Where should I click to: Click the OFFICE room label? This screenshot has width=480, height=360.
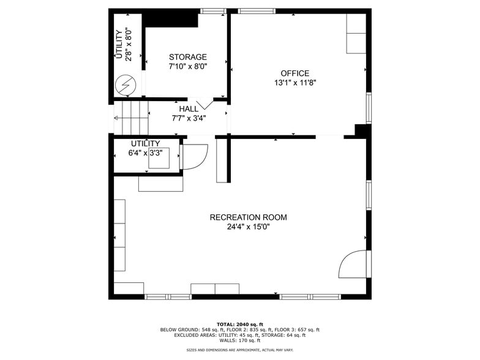coord(294,73)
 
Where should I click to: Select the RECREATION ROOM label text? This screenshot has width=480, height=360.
coord(248,217)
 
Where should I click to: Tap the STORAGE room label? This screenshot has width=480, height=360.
coord(188,57)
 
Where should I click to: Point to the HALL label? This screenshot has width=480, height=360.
coord(189,109)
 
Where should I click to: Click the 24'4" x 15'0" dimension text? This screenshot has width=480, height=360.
coord(248,227)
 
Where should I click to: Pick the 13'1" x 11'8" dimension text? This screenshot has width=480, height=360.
coord(294,83)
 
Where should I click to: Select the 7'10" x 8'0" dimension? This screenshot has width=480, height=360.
coord(188,67)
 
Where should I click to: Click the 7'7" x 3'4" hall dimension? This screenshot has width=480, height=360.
coord(189,118)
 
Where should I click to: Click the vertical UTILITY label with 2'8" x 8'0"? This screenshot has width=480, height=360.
coord(124,44)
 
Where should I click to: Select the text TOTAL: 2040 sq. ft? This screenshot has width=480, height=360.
coord(239,324)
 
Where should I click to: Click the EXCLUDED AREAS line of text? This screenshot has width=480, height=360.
coord(239,335)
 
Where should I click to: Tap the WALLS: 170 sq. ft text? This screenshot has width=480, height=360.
coord(239,340)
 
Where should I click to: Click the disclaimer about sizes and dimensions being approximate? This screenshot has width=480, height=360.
coord(239,350)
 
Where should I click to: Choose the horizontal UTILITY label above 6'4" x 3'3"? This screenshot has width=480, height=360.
coord(145,144)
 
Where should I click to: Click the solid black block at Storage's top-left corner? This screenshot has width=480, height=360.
coord(170,20)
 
